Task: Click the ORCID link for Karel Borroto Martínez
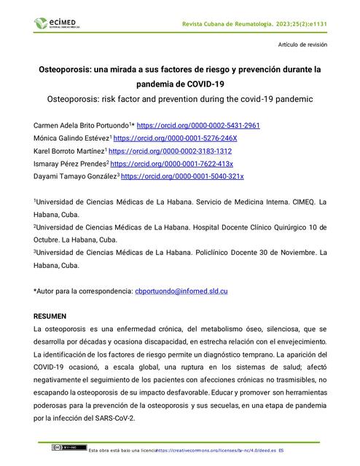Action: [170, 151]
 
